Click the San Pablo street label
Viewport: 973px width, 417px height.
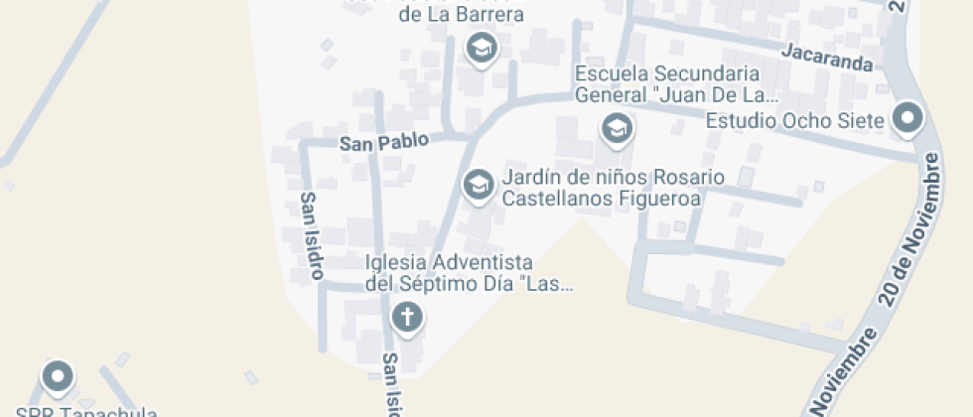point(384,142)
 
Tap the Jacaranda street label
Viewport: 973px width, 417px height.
point(826,58)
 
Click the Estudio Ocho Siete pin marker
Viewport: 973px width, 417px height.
point(906,119)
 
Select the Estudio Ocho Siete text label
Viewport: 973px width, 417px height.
point(793,121)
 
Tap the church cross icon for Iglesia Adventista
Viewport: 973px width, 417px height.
point(405,317)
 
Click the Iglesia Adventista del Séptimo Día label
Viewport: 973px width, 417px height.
point(450,273)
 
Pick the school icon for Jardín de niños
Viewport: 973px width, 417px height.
point(479,184)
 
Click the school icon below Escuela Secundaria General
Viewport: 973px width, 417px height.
point(617,128)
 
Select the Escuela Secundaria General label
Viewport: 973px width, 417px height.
point(674,84)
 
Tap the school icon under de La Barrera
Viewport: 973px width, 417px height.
point(482,46)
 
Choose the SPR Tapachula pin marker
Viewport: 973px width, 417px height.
point(58,375)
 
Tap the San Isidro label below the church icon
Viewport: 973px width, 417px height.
point(392,385)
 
